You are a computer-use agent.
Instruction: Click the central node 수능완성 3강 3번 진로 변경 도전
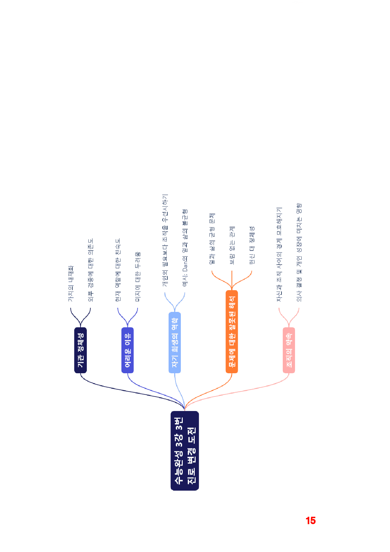point(185,450)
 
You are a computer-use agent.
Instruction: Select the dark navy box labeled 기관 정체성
point(81,350)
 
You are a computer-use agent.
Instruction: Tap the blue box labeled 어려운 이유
point(128,350)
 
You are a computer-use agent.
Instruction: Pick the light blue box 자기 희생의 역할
point(175,342)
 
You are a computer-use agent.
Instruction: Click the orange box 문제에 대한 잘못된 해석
point(232,332)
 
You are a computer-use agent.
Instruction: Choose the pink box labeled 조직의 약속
point(289,350)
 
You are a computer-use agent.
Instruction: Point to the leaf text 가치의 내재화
point(71,284)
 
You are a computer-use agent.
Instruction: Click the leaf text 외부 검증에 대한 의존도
point(91,270)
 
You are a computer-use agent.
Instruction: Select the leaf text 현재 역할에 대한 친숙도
point(118,270)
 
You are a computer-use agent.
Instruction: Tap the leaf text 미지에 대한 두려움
point(138,277)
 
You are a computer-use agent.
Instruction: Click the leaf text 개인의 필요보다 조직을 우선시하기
point(165,240)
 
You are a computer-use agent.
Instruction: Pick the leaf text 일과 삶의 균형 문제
point(212,238)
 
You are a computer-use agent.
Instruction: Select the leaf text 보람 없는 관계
point(232,245)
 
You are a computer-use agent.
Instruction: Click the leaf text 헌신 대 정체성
point(252,245)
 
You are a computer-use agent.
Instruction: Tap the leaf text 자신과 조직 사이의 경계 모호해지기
point(279,254)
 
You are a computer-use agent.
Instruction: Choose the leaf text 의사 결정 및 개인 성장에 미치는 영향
point(299,252)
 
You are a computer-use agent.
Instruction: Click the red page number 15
point(311,521)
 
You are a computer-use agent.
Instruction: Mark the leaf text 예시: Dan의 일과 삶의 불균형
point(185,248)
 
